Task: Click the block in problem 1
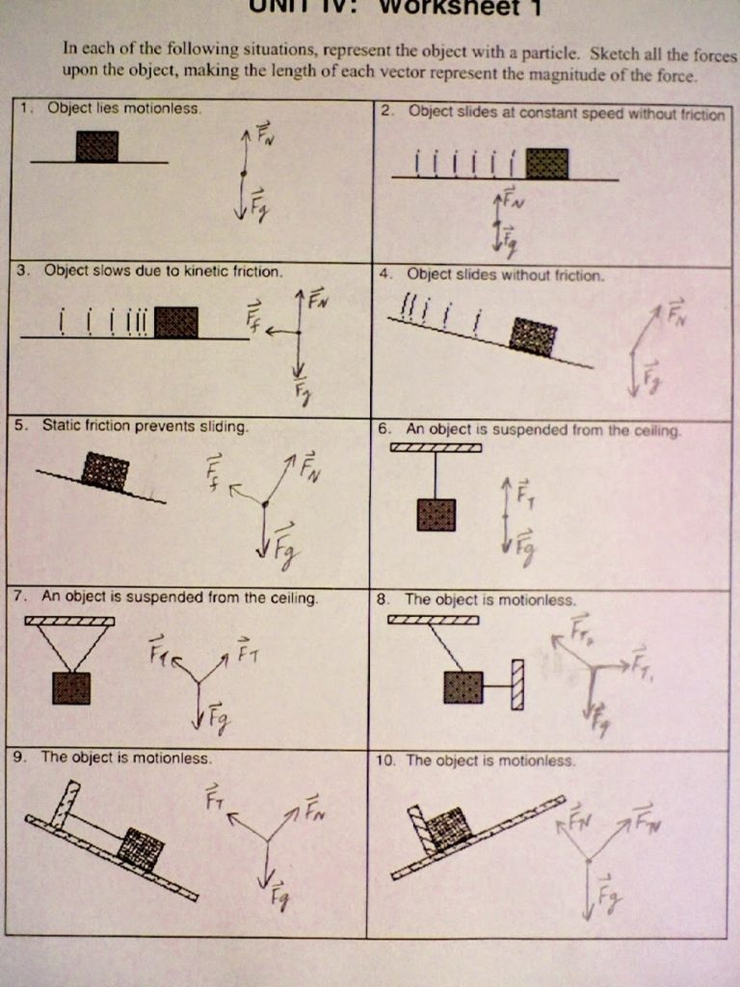[x=97, y=147]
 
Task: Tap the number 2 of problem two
[x=386, y=111]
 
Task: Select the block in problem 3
[x=176, y=322]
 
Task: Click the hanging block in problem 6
[x=436, y=515]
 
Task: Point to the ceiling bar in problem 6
[x=436, y=447]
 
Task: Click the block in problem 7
[x=71, y=688]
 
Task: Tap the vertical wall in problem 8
[x=517, y=684]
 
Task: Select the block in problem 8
[x=462, y=687]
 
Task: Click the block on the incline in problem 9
[x=142, y=849]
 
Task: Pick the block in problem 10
[x=448, y=828]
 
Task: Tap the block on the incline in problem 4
[x=533, y=337]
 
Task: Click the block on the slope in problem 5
[x=105, y=471]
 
